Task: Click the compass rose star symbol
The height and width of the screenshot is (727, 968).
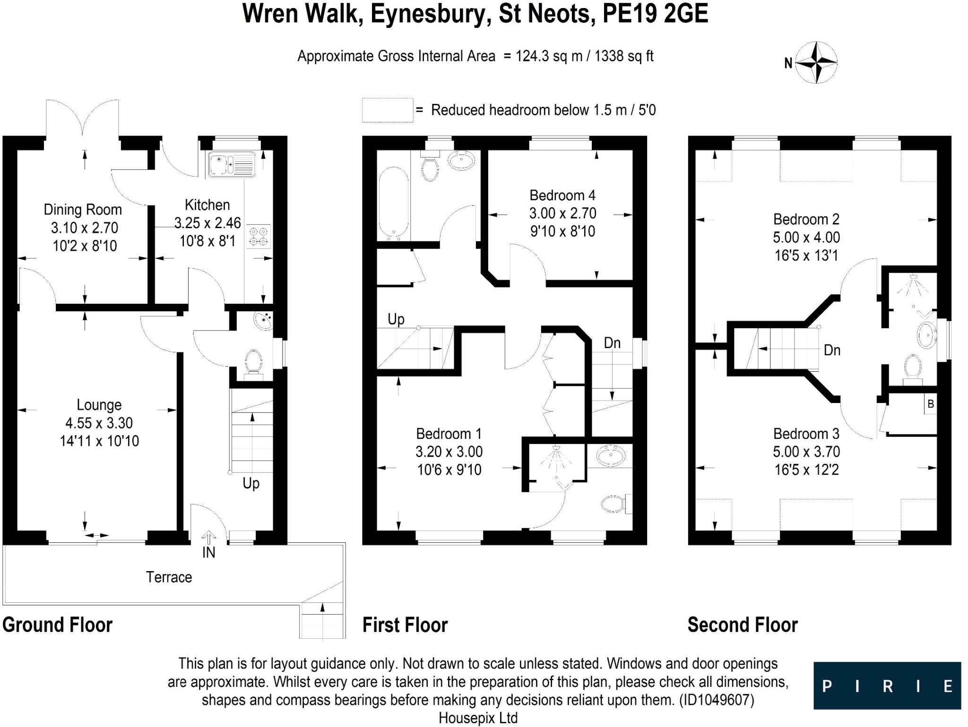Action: point(817,62)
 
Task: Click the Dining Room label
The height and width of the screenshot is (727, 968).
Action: point(83,209)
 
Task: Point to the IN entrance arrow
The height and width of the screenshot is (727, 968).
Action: point(208,538)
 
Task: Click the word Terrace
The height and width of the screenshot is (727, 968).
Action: point(169,577)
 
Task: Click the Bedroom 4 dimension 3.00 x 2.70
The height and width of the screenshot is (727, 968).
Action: point(562,213)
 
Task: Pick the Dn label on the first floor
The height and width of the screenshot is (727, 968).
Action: point(612,343)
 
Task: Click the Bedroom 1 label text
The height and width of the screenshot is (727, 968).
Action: point(449,433)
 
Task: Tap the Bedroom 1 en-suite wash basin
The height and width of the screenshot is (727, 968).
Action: point(610,456)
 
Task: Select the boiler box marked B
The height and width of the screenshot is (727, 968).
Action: point(930,404)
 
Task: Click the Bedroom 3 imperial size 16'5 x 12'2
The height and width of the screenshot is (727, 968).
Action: point(806,470)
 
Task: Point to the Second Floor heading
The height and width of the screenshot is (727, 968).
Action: point(742,624)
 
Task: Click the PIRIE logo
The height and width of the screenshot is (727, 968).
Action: point(887,685)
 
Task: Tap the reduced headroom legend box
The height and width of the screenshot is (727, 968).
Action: point(388,111)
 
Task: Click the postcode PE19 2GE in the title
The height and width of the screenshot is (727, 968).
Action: point(655,14)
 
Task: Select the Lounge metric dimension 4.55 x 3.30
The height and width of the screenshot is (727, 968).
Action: point(99,423)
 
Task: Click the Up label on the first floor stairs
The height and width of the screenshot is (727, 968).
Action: point(396,319)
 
